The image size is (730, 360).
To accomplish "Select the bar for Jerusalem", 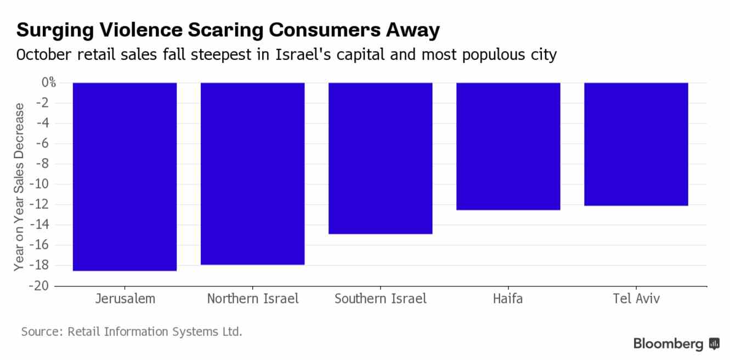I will pos(125,177).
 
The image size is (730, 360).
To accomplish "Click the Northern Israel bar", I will pos(252,174).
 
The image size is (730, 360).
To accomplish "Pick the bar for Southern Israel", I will pos(380,159).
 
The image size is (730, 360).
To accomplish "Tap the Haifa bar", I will pos(508,147).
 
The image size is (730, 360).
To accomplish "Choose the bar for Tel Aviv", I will pos(636,144).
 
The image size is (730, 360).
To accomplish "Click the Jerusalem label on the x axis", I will pos(125,299).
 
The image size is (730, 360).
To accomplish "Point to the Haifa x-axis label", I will pos(508,299).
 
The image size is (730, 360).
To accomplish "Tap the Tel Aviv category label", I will pos(636,299).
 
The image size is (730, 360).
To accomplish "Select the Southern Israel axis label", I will pos(380,299).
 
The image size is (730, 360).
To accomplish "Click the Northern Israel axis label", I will pos(253,299).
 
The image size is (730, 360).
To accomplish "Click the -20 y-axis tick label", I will pos(46,286).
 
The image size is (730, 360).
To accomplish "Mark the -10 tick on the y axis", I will pos(46,184).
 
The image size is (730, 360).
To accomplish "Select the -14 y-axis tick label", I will pos(46,225).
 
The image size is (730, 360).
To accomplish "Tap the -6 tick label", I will pos(48,144).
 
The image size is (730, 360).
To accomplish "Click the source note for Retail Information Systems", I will pos(132,331).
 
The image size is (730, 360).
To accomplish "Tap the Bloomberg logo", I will pos(676,344).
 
